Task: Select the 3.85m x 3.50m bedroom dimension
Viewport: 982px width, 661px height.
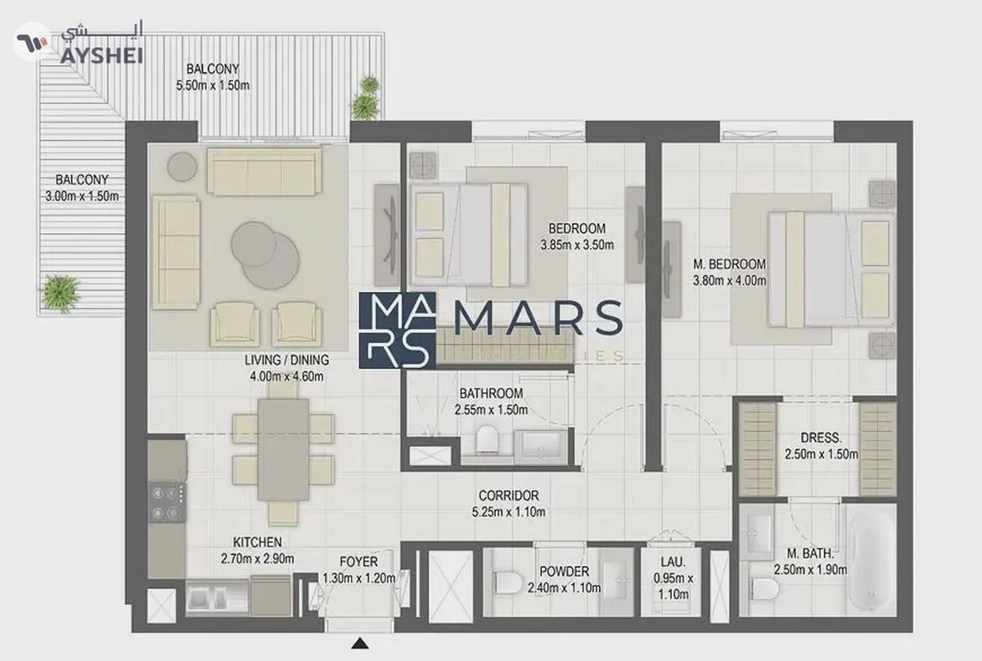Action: pos(576,244)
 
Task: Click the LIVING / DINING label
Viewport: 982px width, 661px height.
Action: pos(286,360)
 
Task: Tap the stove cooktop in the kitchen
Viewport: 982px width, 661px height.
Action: pos(167,502)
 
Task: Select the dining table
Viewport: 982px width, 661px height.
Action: pos(283,449)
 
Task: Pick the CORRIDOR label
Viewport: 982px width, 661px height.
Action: pos(508,496)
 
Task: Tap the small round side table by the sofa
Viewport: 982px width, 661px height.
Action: pos(182,167)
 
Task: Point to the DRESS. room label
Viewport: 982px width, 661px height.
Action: pos(821,438)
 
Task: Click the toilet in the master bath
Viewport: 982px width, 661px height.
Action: pos(763,589)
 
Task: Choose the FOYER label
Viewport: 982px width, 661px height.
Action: pos(358,562)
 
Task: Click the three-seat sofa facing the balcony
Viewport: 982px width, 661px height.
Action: pos(264,170)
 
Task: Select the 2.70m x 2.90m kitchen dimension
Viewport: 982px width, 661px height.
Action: pos(257,559)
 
